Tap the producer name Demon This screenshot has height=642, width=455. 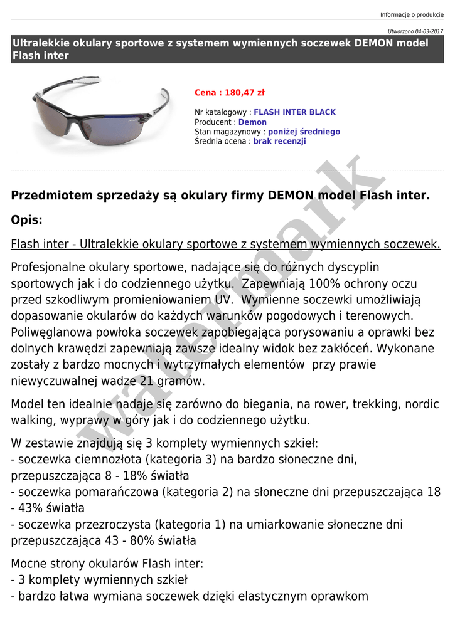pyautogui.click(x=252, y=122)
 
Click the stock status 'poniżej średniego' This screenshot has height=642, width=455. pyautogui.click(x=304, y=132)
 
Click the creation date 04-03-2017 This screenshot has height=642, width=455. pyautogui.click(x=428, y=31)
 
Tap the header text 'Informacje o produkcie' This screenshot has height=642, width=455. pyautogui.click(x=412, y=15)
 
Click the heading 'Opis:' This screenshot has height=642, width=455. pyautogui.click(x=27, y=220)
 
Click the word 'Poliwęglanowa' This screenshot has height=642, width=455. pyautogui.click(x=51, y=332)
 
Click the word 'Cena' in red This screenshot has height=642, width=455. pyautogui.click(x=205, y=93)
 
